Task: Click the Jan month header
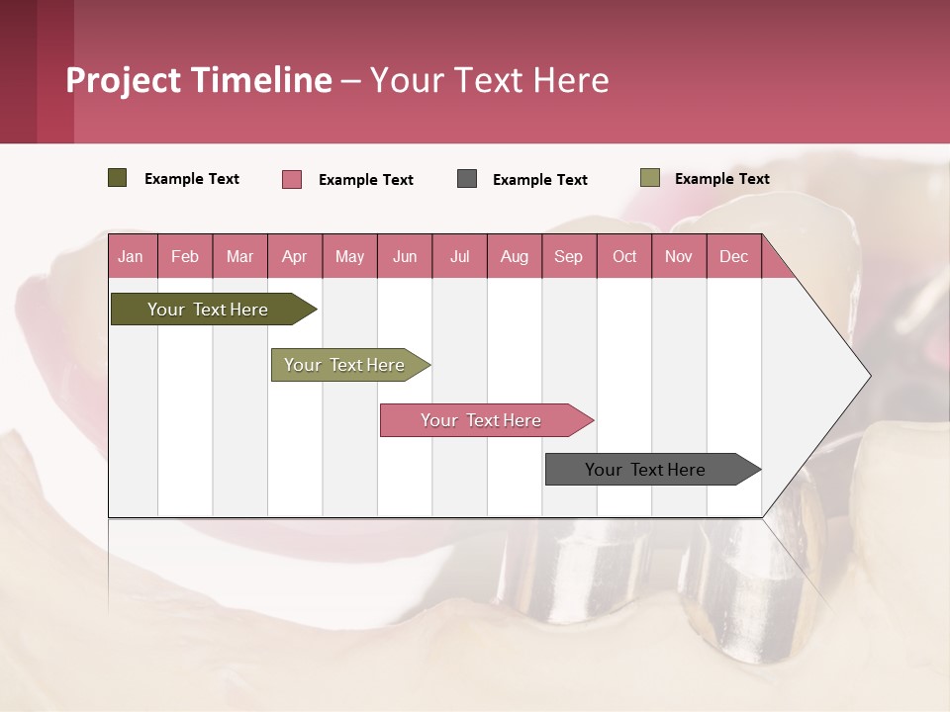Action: tap(132, 256)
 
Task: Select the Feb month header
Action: tap(185, 256)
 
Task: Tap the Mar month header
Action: tap(239, 256)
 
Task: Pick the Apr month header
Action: tap(295, 256)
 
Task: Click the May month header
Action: tap(349, 256)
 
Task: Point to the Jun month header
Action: tap(405, 256)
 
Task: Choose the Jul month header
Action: tap(459, 256)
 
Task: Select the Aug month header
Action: tap(515, 256)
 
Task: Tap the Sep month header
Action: tap(569, 256)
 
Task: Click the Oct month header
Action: tap(624, 256)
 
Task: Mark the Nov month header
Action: tap(679, 256)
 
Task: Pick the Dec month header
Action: tap(734, 256)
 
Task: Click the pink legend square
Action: tap(292, 179)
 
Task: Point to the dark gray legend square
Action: tap(467, 179)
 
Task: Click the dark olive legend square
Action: tap(118, 178)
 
